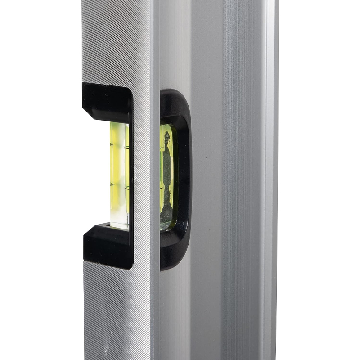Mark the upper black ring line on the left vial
coord(118,145)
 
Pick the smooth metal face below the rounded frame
coord(175,315)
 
